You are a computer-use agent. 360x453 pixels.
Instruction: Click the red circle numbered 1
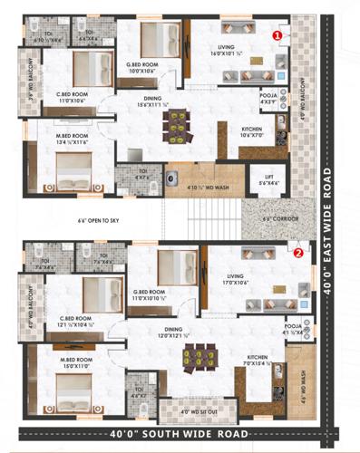(277, 34)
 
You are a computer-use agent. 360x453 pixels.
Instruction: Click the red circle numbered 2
(298, 253)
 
